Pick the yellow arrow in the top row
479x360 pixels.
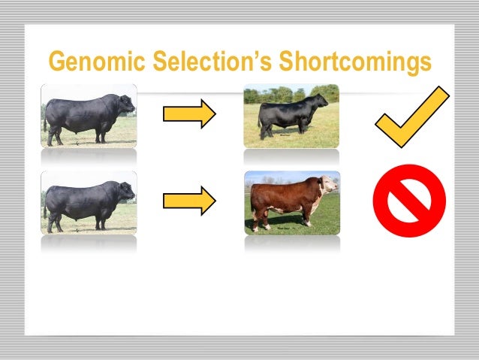coord(189,114)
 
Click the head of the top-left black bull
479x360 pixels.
coord(125,104)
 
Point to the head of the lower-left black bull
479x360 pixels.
coord(125,192)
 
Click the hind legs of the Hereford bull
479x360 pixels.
coord(260,219)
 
